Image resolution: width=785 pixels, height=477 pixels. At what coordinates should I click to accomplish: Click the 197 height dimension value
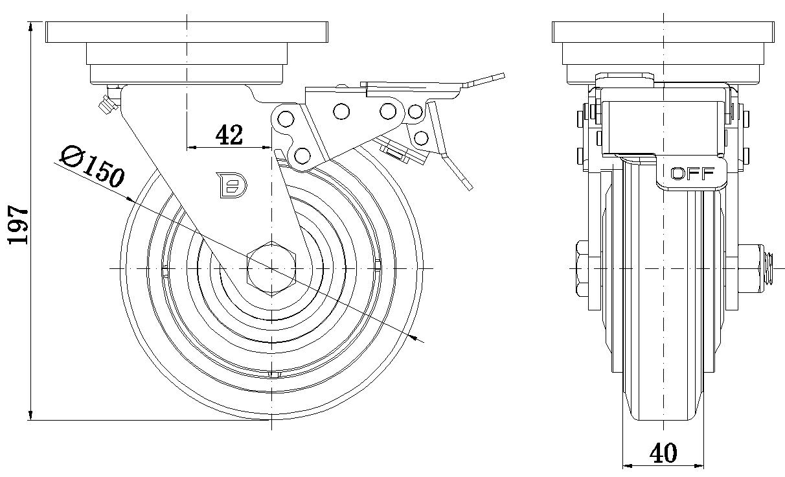18,224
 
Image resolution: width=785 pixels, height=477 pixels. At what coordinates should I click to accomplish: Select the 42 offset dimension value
229,135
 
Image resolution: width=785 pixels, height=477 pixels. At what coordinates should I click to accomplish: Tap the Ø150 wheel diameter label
91,167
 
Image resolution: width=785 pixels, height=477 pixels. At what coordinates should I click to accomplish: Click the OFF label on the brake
692,174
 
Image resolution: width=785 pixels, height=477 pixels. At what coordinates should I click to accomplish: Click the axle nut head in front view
579,267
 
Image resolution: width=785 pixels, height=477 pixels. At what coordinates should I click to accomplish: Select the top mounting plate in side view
187,31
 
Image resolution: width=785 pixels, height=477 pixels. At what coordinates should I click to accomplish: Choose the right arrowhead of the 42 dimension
266,147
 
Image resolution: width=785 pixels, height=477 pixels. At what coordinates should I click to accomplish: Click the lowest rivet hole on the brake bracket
301,155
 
